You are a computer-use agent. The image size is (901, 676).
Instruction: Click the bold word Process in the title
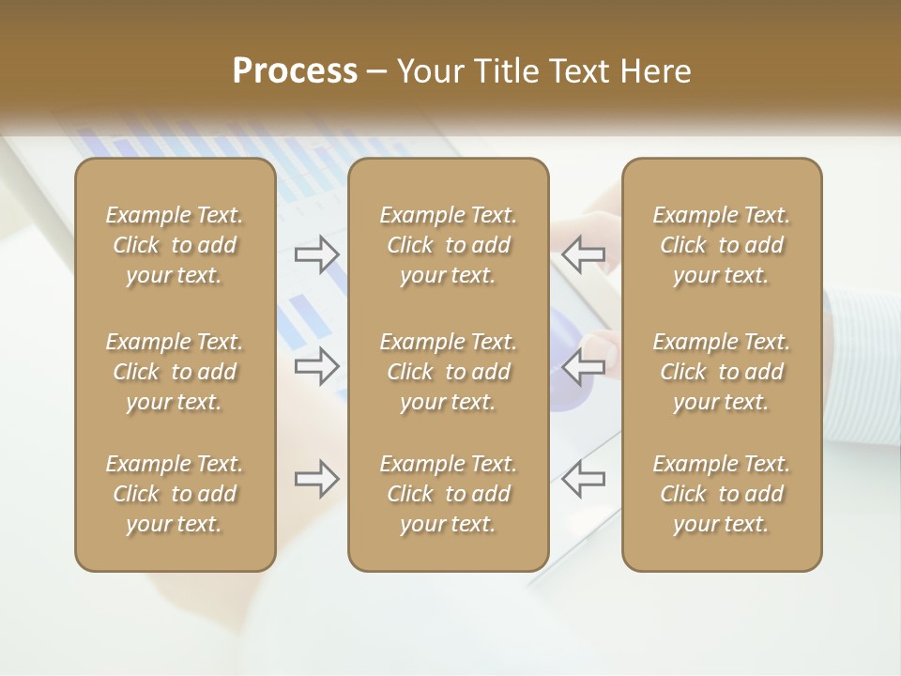[x=295, y=71]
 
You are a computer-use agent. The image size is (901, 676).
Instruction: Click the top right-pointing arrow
[x=317, y=253]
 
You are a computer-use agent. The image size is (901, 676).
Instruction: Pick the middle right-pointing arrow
[x=317, y=366]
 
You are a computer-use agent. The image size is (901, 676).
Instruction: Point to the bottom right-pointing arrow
[x=317, y=479]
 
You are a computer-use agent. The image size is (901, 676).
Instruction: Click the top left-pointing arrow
[x=584, y=253]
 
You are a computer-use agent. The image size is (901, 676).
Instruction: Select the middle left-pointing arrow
[x=584, y=366]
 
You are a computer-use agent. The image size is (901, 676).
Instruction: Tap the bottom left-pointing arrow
[x=584, y=479]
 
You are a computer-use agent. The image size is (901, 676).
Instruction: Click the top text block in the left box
[x=175, y=245]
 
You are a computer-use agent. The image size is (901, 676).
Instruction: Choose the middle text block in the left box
[x=175, y=372]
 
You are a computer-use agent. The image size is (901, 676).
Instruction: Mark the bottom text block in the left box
[x=175, y=494]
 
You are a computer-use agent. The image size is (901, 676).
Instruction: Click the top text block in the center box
[x=449, y=245]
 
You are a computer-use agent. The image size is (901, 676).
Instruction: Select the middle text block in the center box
[x=449, y=372]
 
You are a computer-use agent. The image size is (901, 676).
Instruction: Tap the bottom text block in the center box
[x=449, y=494]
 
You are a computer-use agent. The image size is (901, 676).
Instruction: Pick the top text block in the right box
[x=722, y=245]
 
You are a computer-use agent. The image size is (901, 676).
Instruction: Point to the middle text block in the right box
[x=722, y=372]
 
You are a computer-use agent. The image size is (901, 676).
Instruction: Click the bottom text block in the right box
[x=722, y=494]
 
